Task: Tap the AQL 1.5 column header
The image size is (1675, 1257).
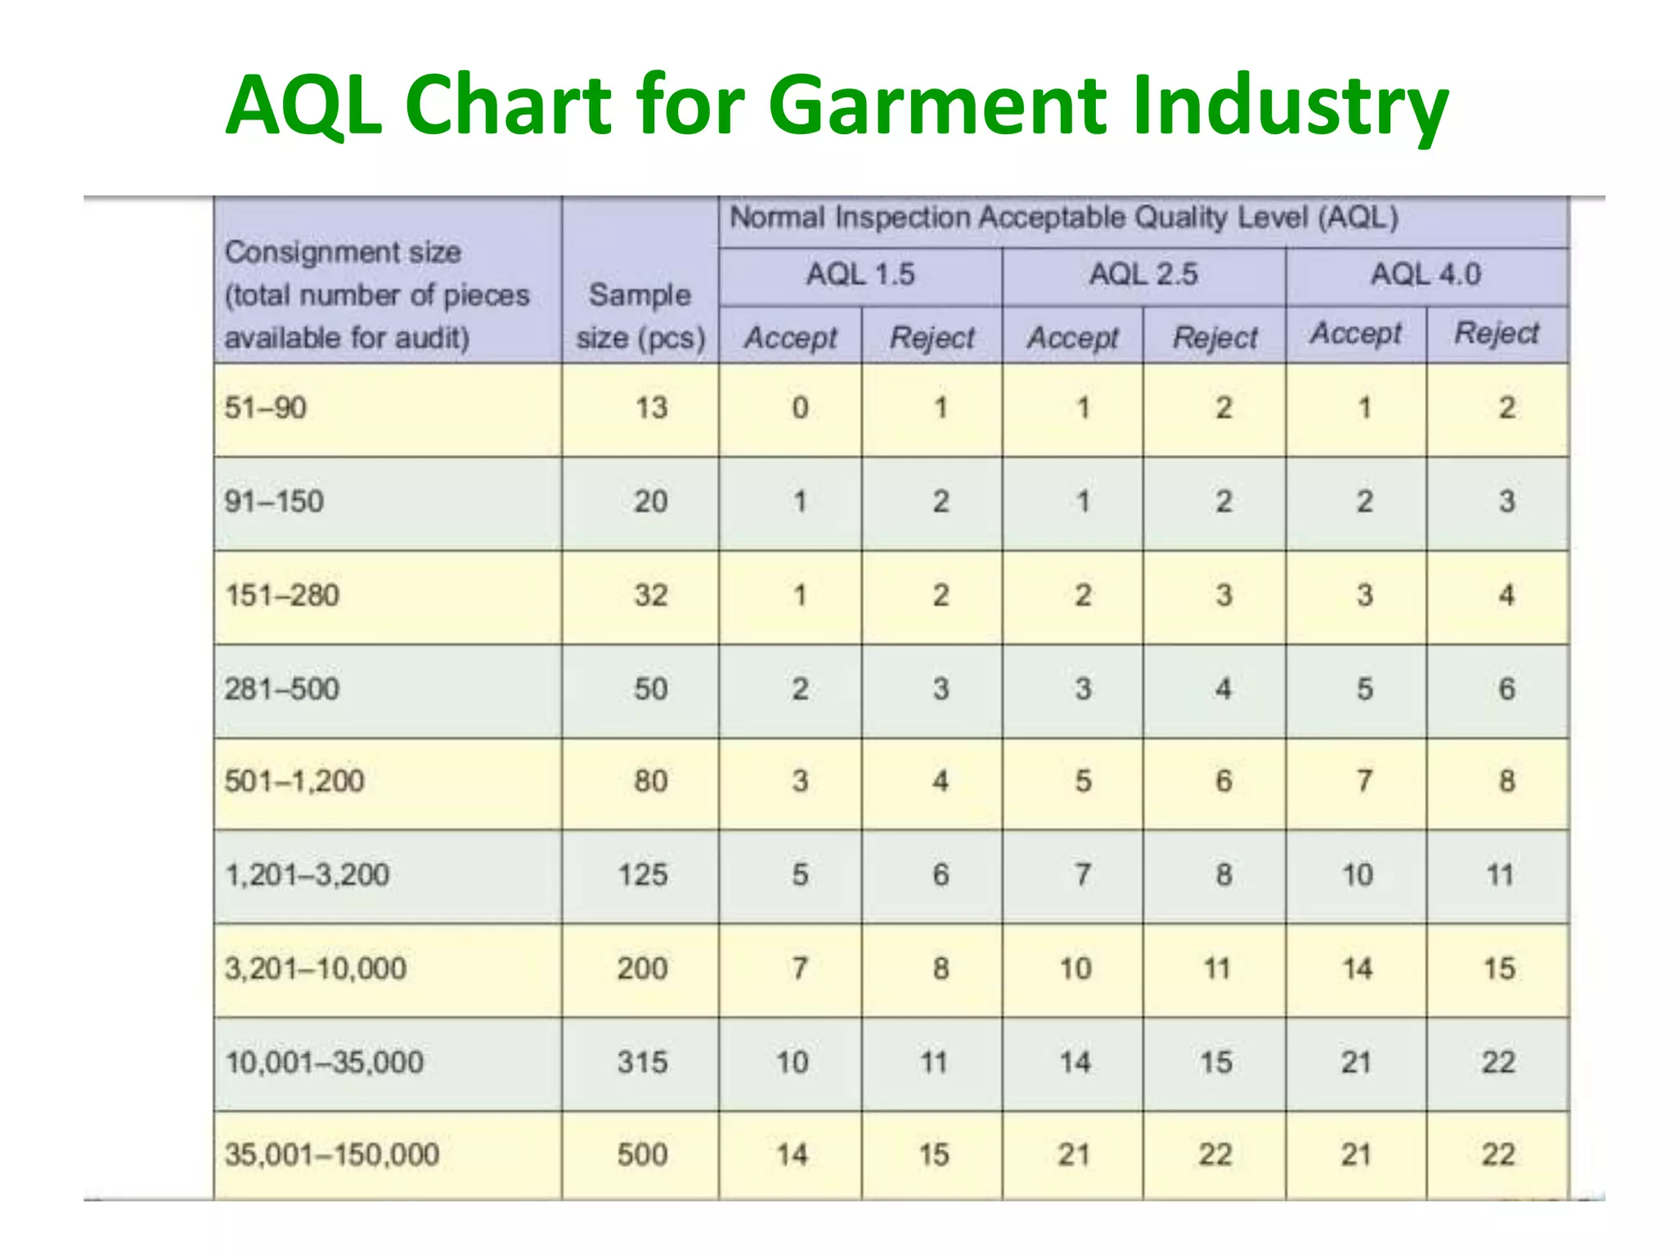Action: pyautogui.click(x=860, y=274)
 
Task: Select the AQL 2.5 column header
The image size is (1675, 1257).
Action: pyautogui.click(x=1143, y=274)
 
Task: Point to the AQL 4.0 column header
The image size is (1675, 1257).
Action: pyautogui.click(x=1426, y=274)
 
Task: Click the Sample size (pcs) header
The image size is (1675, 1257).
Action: pyautogui.click(x=640, y=316)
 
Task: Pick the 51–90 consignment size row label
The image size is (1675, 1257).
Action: pyautogui.click(x=266, y=408)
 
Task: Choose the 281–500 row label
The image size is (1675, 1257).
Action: pyautogui.click(x=282, y=689)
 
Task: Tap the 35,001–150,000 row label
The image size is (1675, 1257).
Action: pyautogui.click(x=332, y=1155)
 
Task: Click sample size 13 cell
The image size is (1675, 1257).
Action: pyautogui.click(x=652, y=408)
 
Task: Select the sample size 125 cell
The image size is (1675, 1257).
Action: pyautogui.click(x=643, y=875)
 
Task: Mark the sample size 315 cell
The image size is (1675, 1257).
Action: pyautogui.click(x=643, y=1062)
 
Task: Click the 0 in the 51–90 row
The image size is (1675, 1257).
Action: pyautogui.click(x=800, y=408)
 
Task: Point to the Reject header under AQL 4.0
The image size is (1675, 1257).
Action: pyautogui.click(x=1497, y=334)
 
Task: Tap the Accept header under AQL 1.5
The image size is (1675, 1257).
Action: pyautogui.click(x=791, y=337)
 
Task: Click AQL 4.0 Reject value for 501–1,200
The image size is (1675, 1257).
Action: pyautogui.click(x=1507, y=782)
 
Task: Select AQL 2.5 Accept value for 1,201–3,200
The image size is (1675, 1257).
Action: pyautogui.click(x=1082, y=875)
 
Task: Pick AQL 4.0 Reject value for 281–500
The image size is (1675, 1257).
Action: pyautogui.click(x=1507, y=689)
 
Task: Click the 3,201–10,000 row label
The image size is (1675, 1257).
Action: pyautogui.click(x=316, y=969)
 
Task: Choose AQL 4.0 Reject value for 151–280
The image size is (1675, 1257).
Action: pyautogui.click(x=1507, y=595)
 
